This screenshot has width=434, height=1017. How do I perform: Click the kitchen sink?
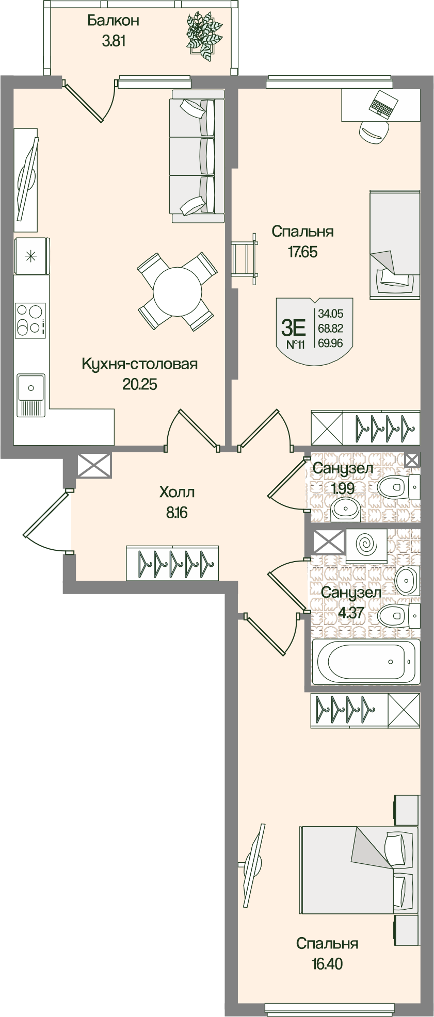point(31,387)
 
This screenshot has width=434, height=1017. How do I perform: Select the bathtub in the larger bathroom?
point(365,662)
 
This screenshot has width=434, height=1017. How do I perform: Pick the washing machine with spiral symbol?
point(366,545)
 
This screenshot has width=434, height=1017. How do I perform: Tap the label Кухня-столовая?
point(140,364)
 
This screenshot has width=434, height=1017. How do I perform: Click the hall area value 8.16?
point(177,513)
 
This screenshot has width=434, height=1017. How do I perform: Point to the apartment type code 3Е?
point(294,327)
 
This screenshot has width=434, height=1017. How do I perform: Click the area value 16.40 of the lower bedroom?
point(327,963)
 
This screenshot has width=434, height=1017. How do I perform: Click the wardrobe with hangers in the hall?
point(172,562)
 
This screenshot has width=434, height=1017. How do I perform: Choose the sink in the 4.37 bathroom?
point(408,580)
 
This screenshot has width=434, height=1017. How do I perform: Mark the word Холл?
point(177,493)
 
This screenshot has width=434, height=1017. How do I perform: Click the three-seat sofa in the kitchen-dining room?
point(197,156)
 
